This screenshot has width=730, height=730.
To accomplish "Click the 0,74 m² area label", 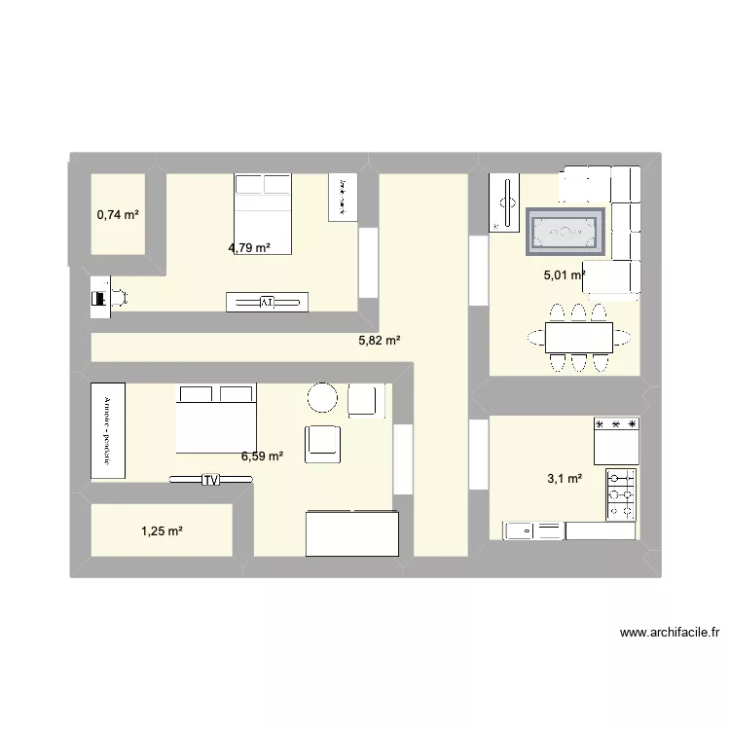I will [x=118, y=213].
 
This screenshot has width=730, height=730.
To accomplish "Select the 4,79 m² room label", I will [x=249, y=247].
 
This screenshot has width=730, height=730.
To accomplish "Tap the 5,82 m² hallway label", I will [x=380, y=341].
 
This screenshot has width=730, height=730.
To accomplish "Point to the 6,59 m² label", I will [x=262, y=455].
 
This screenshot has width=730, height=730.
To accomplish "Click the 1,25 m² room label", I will [x=163, y=530].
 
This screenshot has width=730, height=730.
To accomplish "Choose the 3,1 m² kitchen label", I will [x=566, y=478].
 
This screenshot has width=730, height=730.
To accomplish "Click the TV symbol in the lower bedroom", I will [x=210, y=480].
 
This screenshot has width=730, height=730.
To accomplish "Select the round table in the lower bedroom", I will [x=322, y=398].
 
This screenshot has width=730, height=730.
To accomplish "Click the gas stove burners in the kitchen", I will [x=622, y=494].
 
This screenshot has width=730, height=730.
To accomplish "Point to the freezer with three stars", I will [x=616, y=441].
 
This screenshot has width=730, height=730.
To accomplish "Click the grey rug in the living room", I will [x=566, y=233].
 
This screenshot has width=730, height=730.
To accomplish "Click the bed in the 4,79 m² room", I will [x=263, y=213].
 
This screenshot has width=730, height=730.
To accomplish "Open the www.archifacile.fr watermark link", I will [x=670, y=632].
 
